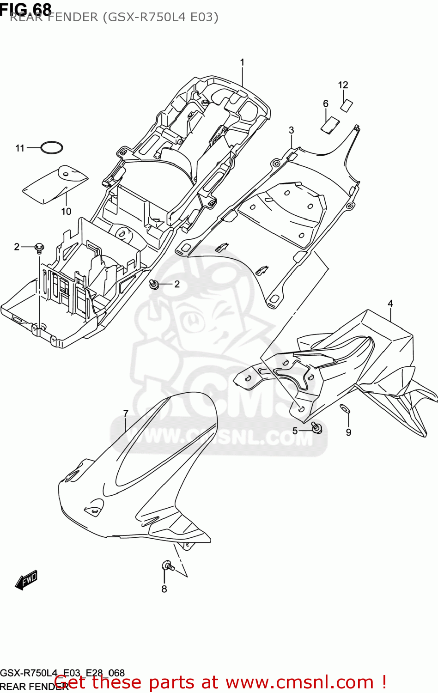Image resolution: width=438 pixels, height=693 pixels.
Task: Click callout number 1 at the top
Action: coord(242,62)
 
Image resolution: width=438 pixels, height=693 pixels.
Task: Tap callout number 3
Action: coord(292,130)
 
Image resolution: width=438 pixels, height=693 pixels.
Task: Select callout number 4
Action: coord(390,304)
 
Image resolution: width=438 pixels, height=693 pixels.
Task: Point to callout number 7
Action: coord(126,413)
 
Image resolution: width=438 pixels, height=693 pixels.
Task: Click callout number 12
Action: coord(343,85)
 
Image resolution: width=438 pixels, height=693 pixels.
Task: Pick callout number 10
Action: coord(66,211)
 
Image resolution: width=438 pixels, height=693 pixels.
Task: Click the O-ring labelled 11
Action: coord(51,148)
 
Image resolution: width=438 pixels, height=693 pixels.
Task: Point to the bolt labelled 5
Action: coord(317,428)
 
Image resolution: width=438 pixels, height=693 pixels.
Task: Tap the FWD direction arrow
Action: coord(26,579)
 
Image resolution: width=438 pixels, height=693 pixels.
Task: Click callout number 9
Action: coord(348,432)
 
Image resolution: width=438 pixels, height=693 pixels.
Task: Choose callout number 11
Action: coord(20,148)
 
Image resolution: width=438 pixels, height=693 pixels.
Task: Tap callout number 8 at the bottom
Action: coord(164,589)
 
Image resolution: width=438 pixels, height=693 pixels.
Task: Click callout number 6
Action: coord(326,103)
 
